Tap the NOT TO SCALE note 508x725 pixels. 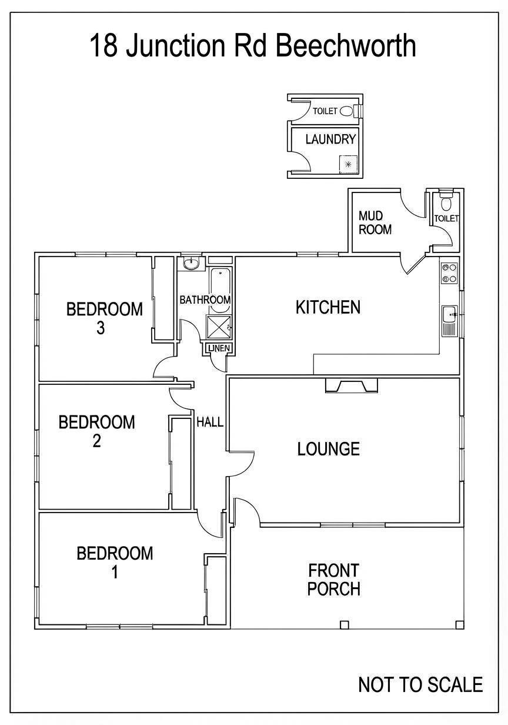tap(420, 684)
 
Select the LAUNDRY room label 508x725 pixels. tap(330, 139)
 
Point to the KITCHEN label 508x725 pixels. tap(327, 307)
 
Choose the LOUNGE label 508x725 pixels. tap(328, 449)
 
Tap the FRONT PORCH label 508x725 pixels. tap(333, 579)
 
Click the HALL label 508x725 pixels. tap(209, 422)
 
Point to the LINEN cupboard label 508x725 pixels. tap(218, 349)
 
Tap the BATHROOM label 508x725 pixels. tap(205, 300)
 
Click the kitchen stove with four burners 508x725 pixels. tap(450, 273)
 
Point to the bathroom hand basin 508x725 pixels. tap(192, 264)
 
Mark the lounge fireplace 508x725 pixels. tap(352, 385)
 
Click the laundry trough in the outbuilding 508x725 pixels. tap(348, 164)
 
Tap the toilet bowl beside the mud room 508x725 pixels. tap(446, 204)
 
